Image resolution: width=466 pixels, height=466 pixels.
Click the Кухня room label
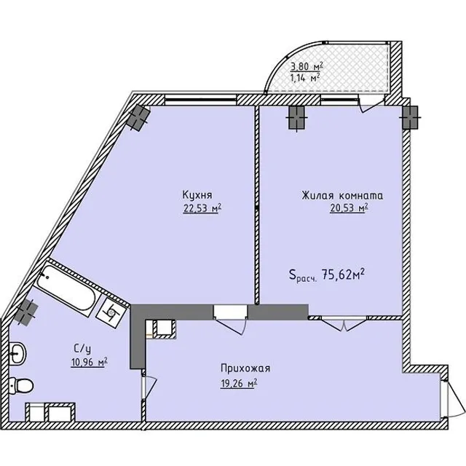click(x=197, y=195)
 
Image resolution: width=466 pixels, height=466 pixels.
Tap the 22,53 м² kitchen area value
click(x=202, y=208)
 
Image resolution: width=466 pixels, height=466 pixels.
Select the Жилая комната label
click(x=342, y=196)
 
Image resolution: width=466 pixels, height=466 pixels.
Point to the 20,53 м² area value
click(x=349, y=208)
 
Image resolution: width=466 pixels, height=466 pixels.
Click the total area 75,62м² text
click(x=327, y=275)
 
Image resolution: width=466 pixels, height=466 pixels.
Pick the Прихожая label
click(x=245, y=368)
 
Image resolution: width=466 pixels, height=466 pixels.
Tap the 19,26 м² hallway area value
click(x=239, y=384)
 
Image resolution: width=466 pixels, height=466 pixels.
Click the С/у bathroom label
click(x=82, y=349)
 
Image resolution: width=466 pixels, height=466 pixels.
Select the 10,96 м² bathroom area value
click(x=89, y=363)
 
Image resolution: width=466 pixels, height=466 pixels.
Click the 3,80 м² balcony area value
click(x=307, y=66)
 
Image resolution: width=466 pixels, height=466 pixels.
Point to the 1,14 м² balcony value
click(x=305, y=78)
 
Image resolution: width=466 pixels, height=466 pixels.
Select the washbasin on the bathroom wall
click(x=17, y=353)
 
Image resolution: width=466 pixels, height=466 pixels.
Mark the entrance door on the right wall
click(x=451, y=399)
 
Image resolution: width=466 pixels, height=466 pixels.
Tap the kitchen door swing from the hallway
click(x=231, y=323)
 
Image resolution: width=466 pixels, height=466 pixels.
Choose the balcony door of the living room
click(x=371, y=103)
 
